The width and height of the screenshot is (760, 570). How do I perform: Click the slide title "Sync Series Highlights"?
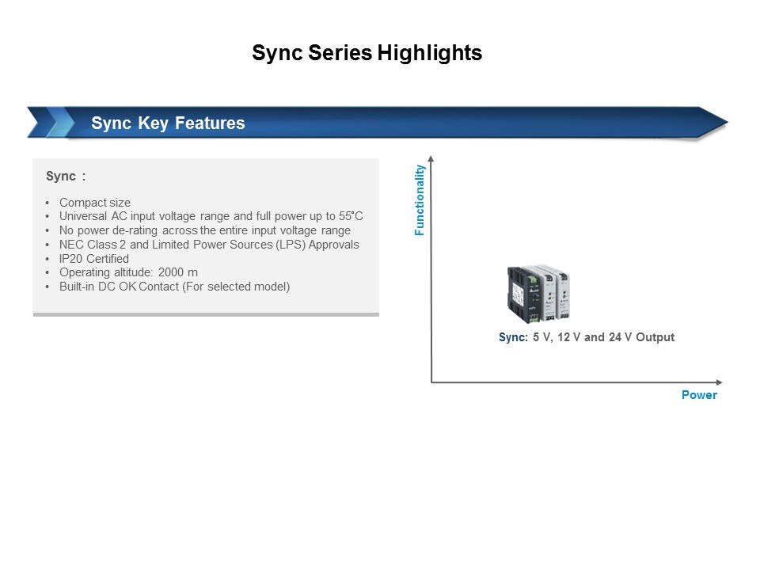[367, 53]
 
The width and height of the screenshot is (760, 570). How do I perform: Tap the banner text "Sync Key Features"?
[168, 123]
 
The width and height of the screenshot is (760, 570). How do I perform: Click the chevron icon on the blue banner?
[51, 122]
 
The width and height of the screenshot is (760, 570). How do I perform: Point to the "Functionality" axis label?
[420, 200]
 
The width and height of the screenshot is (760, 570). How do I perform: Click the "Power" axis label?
[699, 395]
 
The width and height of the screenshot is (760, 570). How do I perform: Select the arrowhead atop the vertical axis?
[431, 158]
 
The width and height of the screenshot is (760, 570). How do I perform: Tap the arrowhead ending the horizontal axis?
[720, 382]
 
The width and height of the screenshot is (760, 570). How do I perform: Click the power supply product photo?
[538, 294]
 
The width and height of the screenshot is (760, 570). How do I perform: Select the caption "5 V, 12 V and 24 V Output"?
[603, 337]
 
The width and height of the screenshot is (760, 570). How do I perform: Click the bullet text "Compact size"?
[95, 203]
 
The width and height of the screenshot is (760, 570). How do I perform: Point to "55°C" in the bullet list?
[351, 216]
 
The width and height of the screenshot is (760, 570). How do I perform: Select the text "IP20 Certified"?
[94, 259]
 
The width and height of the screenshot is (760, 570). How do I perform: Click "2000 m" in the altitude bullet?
[178, 272]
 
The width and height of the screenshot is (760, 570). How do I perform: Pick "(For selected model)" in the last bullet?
[236, 287]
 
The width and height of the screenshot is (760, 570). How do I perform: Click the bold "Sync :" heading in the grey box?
[66, 177]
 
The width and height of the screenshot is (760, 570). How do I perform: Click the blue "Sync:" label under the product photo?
[513, 337]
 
